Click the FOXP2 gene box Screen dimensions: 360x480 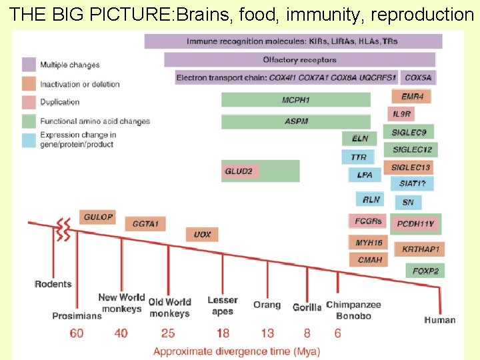click(x=425, y=271)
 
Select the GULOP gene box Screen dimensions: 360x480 click(x=99, y=217)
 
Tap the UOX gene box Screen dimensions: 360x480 click(x=203, y=235)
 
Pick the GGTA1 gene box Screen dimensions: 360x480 click(x=145, y=224)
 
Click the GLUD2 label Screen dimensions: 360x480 click(x=239, y=171)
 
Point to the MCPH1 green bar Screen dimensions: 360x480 click(x=296, y=100)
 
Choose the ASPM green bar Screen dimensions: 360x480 click(x=296, y=122)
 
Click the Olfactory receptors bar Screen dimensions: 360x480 click(x=299, y=60)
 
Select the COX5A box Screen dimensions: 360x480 click(x=419, y=77)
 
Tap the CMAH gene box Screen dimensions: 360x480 click(x=369, y=259)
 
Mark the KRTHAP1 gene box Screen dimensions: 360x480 click(x=421, y=249)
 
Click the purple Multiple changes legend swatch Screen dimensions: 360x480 click(x=29, y=65)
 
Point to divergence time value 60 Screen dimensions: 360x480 click(x=77, y=332)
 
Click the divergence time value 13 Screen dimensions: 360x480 click(x=267, y=332)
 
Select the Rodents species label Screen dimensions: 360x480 click(x=53, y=284)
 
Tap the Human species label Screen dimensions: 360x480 click(x=440, y=320)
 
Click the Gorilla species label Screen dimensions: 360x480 click(x=307, y=307)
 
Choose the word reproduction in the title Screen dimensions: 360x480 click(x=421, y=15)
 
